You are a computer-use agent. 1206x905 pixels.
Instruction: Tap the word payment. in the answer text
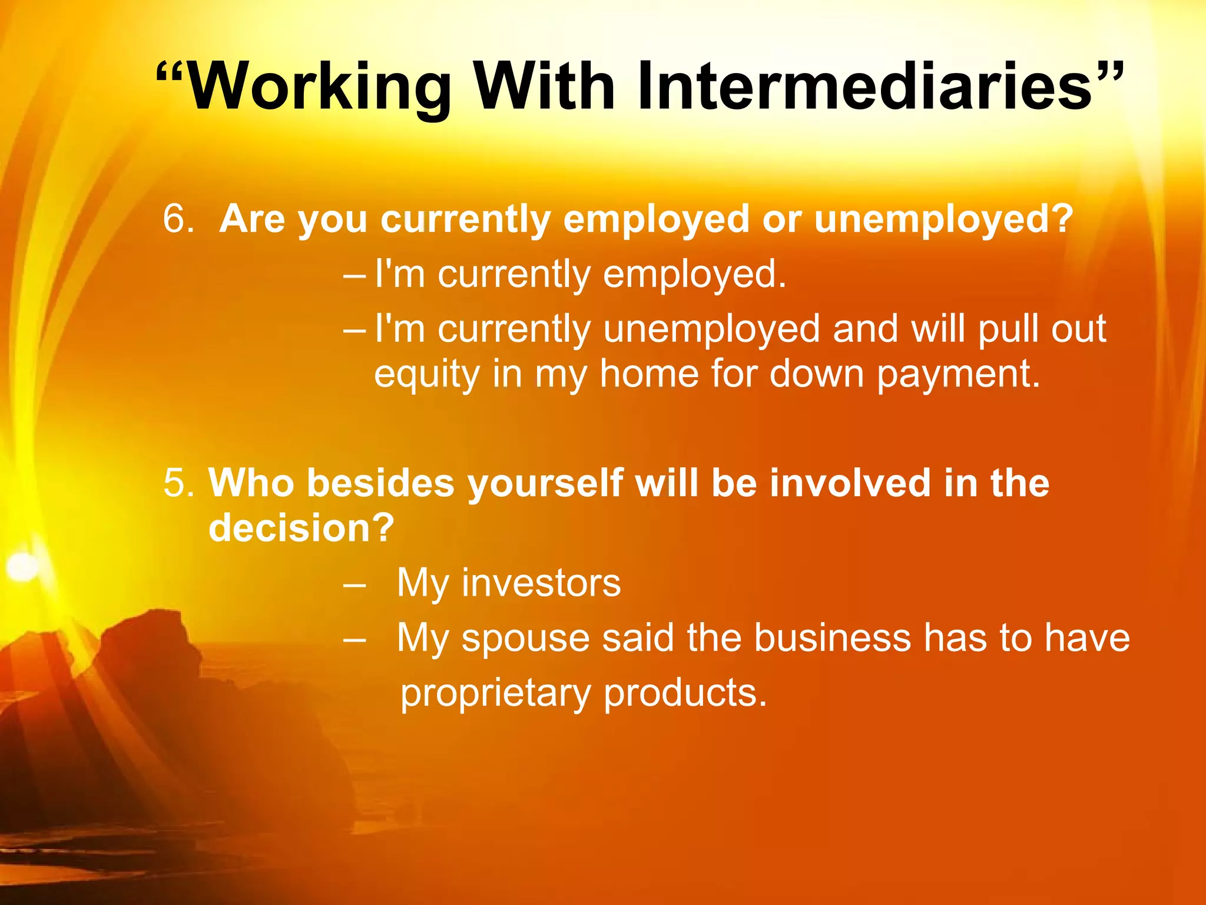[x=958, y=375]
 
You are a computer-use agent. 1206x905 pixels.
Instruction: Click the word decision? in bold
[x=301, y=528]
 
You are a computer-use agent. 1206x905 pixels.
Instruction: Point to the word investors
[x=541, y=583]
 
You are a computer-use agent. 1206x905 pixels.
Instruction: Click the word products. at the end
[x=685, y=693]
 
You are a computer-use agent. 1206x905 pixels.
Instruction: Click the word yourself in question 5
[x=545, y=483]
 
